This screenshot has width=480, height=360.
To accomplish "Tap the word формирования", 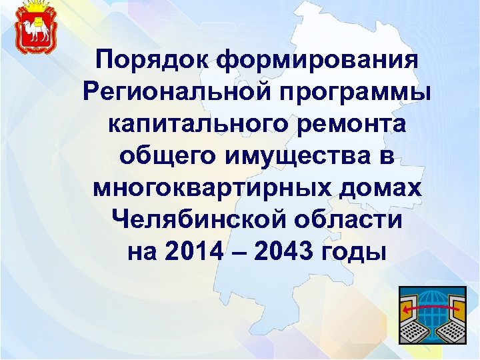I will tap(317, 59).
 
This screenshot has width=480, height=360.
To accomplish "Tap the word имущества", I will tap(298, 156).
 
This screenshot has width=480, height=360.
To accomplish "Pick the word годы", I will tap(354, 252).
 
